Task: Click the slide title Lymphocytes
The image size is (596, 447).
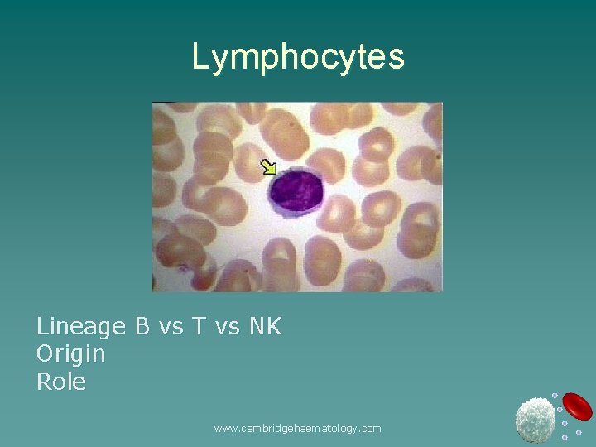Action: [298, 56]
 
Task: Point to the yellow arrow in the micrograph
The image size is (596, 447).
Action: [268, 167]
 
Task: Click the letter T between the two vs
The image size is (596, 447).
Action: [199, 326]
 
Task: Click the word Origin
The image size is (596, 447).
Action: [70, 354]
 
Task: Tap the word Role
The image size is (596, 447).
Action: [60, 382]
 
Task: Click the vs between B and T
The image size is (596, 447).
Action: [171, 327]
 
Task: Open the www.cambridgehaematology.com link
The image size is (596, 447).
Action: [297, 428]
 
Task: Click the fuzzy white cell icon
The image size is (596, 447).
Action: [535, 420]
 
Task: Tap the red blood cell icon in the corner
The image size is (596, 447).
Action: [577, 406]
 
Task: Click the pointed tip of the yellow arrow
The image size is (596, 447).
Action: [274, 173]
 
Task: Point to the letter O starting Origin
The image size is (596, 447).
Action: [45, 353]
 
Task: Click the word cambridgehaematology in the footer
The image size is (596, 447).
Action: [297, 428]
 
